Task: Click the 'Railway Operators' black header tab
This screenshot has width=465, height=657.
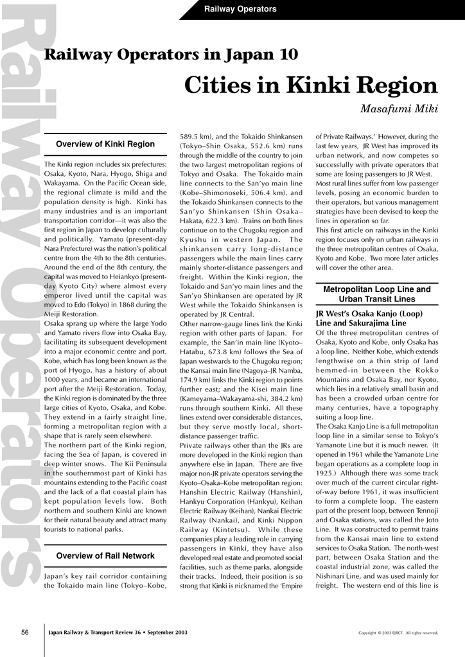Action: click(x=240, y=9)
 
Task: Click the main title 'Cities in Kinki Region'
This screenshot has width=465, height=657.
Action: click(x=311, y=85)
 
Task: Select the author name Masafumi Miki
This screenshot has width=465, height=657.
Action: click(x=399, y=109)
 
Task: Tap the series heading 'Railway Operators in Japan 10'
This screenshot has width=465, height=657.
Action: click(x=170, y=55)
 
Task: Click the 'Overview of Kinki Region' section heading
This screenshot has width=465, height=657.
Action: click(x=105, y=144)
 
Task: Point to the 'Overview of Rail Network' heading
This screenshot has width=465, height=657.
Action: click(x=105, y=556)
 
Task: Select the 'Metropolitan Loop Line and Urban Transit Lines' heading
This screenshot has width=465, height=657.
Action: click(x=377, y=294)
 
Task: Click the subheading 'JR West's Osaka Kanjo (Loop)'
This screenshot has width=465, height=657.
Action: click(x=369, y=314)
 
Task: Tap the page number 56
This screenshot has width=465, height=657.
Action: click(x=25, y=633)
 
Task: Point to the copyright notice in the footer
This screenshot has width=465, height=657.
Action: click(x=398, y=633)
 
